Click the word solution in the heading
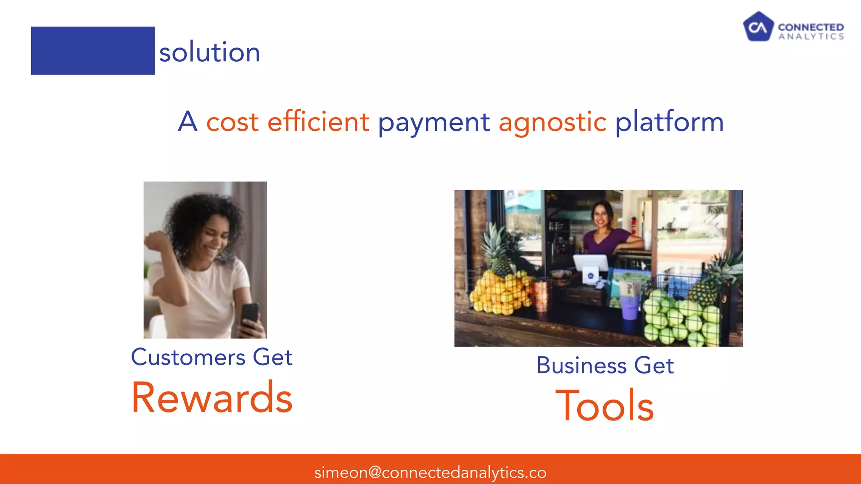click(209, 53)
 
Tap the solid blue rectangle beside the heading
click(92, 50)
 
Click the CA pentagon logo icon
click(758, 27)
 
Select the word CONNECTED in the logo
click(811, 27)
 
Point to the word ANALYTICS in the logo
click(811, 37)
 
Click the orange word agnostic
click(552, 122)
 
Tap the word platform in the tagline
click(669, 122)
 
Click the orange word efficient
click(318, 122)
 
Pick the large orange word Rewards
click(212, 397)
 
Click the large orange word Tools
click(605, 406)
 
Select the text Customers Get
click(211, 358)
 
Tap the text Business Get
click(605, 365)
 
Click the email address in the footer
click(430, 473)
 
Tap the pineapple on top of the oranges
click(496, 248)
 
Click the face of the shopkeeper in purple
click(602, 214)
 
